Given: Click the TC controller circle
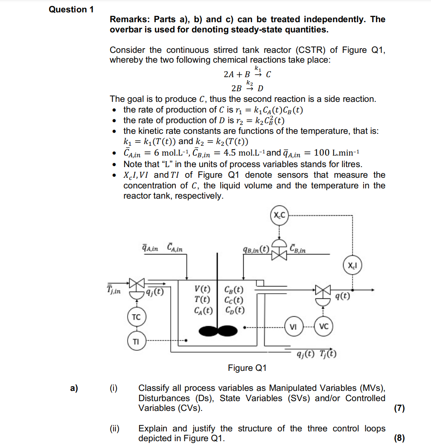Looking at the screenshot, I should point(136,318).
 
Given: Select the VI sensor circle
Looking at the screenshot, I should point(293,327).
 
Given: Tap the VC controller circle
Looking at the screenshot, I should point(323,327).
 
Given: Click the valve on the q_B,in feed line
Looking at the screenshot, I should point(280,254).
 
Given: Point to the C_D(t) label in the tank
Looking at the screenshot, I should point(234,310).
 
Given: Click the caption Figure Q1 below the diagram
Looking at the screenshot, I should point(247,368).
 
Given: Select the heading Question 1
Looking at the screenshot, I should point(71,9).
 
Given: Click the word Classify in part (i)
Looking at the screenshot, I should point(154,388).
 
